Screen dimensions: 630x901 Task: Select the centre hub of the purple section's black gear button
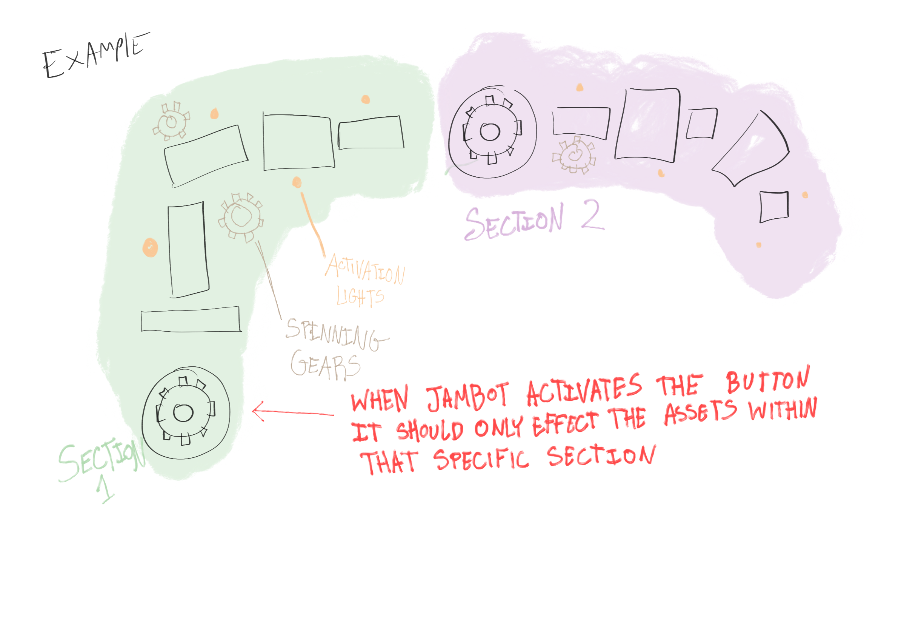click(x=490, y=131)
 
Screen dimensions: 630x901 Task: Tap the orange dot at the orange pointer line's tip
click(x=297, y=182)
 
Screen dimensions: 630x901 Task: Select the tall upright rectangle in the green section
click(x=188, y=249)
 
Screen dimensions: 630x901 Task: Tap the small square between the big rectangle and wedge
click(x=701, y=123)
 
